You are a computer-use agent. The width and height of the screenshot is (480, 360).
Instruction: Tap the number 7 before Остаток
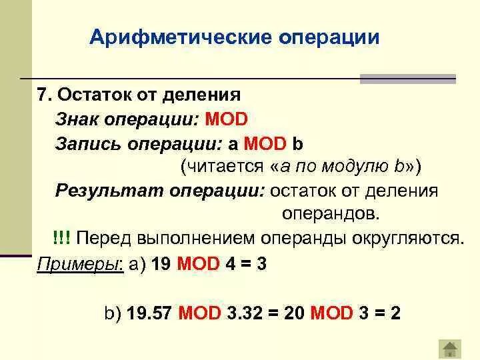click(x=41, y=95)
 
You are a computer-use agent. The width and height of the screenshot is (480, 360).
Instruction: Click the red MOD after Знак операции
click(x=226, y=119)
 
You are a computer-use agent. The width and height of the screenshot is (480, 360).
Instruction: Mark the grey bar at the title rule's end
click(x=408, y=79)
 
